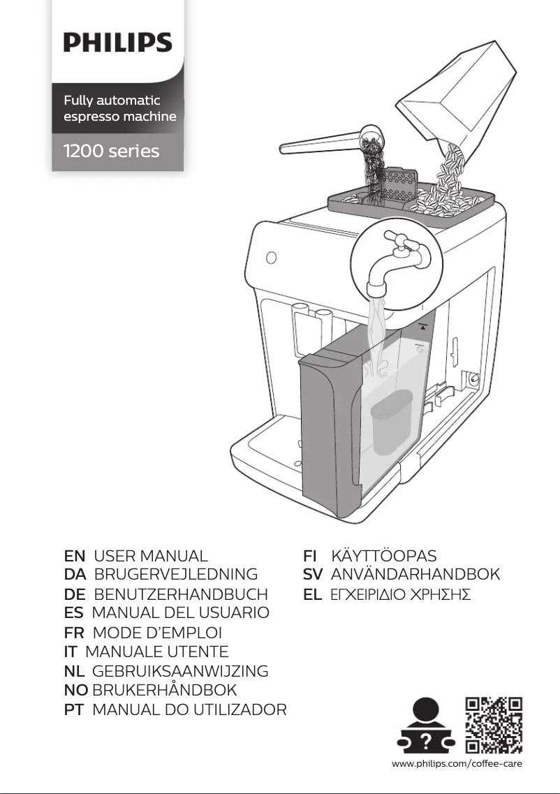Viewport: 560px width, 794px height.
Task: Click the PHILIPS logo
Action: [x=118, y=43]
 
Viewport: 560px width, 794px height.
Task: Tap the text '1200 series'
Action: [x=112, y=151]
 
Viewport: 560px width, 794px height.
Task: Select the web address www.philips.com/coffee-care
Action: [x=457, y=763]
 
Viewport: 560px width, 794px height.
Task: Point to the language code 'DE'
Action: [x=75, y=594]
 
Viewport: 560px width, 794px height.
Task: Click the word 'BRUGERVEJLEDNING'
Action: [x=175, y=575]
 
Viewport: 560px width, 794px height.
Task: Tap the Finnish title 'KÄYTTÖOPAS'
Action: [x=383, y=557]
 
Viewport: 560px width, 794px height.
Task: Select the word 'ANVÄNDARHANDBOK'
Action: [x=415, y=575]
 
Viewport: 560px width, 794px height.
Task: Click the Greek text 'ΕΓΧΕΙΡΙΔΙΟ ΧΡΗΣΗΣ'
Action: [x=400, y=595]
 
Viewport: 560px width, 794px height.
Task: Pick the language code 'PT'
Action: [x=74, y=710]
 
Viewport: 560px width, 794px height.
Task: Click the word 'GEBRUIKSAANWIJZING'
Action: [x=180, y=671]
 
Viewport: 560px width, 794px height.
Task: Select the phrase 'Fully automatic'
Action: [x=112, y=101]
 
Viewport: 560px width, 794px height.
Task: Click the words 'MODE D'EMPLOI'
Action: [x=157, y=633]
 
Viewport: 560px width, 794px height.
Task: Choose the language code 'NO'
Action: [x=75, y=690]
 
